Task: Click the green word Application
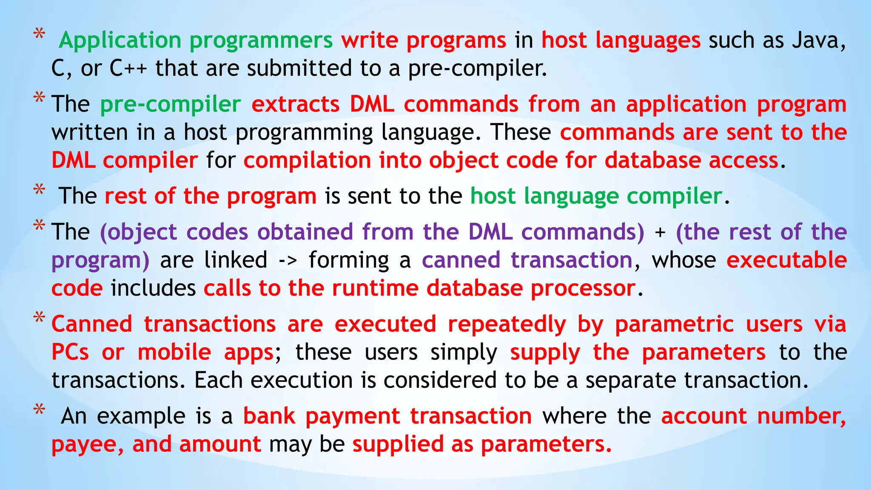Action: tap(120, 41)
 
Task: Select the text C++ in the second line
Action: tap(128, 68)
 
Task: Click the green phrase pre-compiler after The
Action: tap(171, 105)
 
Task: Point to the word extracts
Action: tap(295, 105)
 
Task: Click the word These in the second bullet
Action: tap(521, 133)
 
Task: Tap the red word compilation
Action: tap(307, 161)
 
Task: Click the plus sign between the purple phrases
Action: tap(660, 233)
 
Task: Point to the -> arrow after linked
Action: tap(287, 261)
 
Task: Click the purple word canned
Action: tap(461, 260)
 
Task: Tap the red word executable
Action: tap(786, 260)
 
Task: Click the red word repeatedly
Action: tap(507, 325)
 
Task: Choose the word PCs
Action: tap(70, 353)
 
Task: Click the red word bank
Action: tap(269, 416)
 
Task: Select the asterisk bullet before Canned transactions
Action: tap(40, 318)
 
